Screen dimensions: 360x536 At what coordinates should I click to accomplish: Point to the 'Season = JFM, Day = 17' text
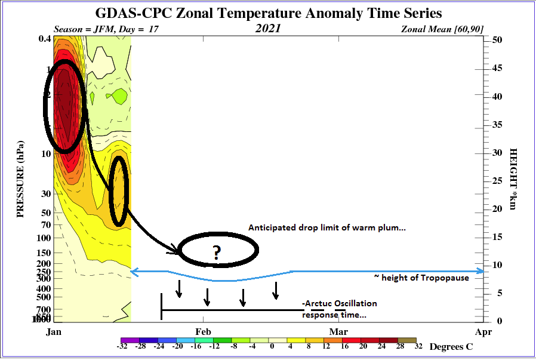106,29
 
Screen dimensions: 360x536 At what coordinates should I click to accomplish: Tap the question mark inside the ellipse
216,253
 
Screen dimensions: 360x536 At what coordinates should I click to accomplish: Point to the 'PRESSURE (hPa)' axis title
20,179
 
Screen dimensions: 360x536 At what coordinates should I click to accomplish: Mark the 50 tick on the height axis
496,39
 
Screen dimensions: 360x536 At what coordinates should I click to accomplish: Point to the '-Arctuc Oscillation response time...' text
340,309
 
